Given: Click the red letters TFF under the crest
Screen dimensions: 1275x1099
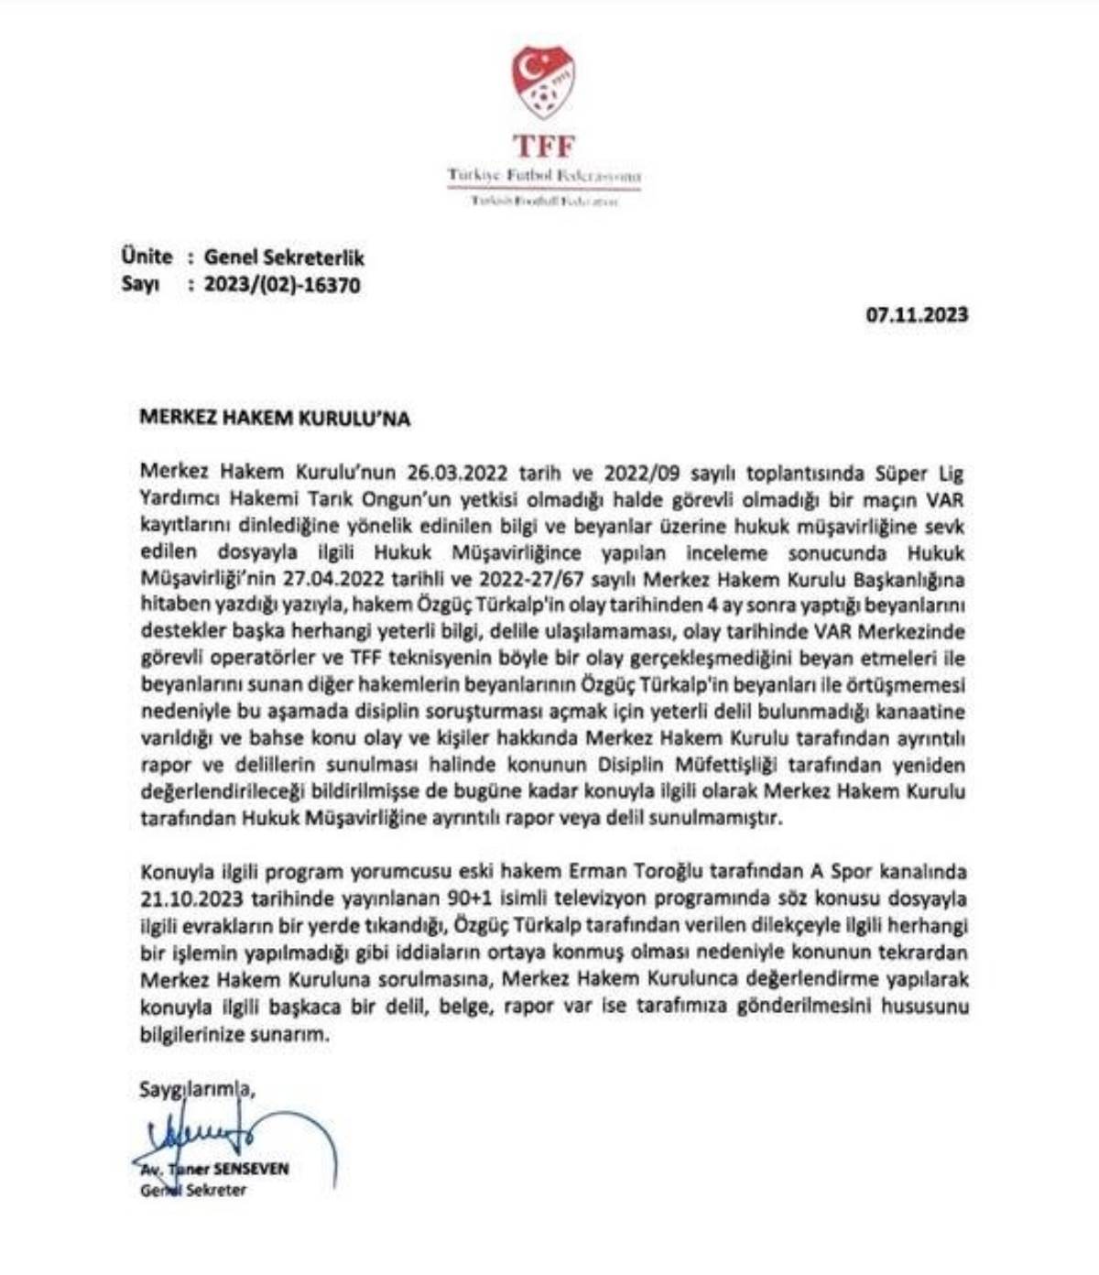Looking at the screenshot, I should pyautogui.click(x=544, y=146).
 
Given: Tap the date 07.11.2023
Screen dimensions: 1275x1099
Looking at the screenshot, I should pyautogui.click(x=917, y=315).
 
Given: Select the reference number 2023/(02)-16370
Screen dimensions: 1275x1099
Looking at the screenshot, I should pyautogui.click(x=283, y=285).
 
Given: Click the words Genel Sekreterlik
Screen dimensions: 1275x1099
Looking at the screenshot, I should pyautogui.click(x=284, y=258).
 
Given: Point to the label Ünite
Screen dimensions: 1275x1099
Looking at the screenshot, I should pyautogui.click(x=147, y=257).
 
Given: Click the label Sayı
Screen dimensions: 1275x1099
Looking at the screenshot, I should pyautogui.click(x=140, y=285).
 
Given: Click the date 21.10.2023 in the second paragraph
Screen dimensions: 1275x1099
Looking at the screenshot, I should pyautogui.click(x=187, y=898).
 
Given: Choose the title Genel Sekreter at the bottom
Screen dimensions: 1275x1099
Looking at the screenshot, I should pyautogui.click(x=193, y=1191).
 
